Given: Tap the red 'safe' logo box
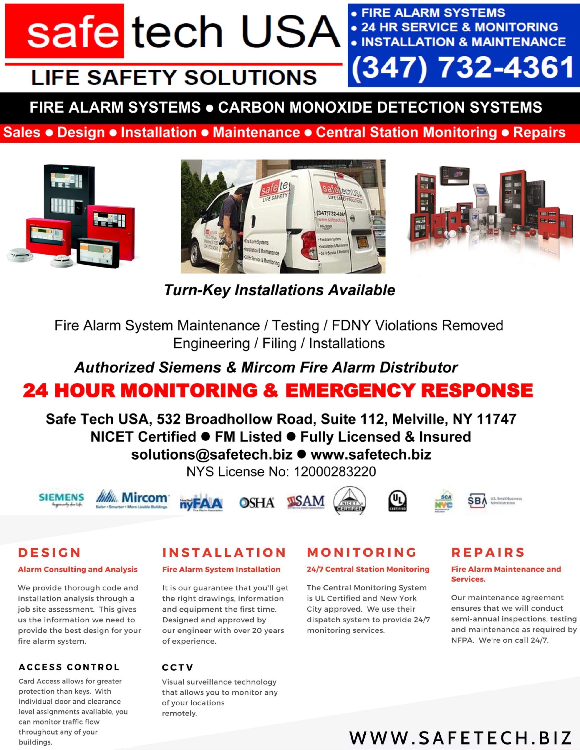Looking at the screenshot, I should click(64, 31).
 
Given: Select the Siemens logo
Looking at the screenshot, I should click(61, 500).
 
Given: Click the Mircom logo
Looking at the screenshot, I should click(132, 500).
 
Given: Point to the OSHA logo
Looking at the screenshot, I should click(257, 503).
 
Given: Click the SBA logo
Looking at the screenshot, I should click(477, 501).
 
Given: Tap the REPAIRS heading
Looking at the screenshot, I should click(488, 552).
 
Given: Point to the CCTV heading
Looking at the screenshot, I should click(178, 667).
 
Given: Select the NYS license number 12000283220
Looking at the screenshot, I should click(335, 472).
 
